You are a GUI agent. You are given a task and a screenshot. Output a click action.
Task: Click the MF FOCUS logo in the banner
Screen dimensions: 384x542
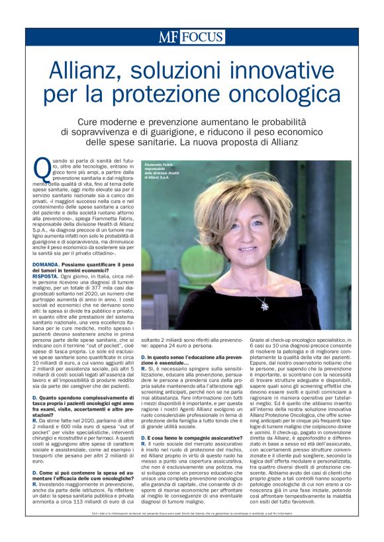(x=191, y=37)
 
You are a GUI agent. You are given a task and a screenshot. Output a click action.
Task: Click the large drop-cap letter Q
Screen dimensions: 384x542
(x=42, y=169)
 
